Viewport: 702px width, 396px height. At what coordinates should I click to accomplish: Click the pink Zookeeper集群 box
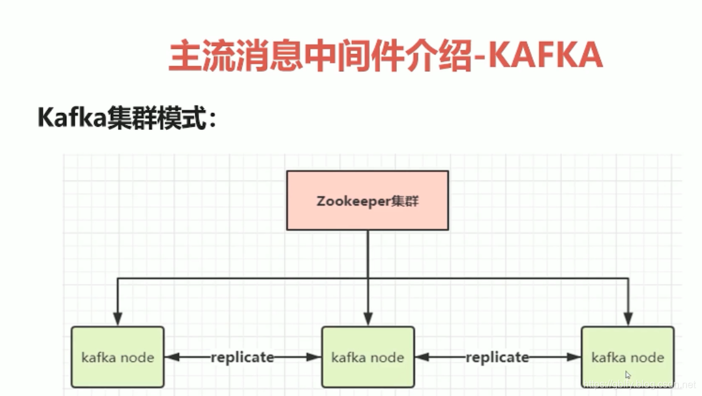(368, 200)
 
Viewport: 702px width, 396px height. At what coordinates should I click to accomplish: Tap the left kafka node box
(118, 357)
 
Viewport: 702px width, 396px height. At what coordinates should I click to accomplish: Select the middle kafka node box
(368, 357)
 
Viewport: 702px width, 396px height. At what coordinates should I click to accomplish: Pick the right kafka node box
(628, 357)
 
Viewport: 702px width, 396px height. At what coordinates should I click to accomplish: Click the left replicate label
(243, 357)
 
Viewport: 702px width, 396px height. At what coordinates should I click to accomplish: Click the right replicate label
(498, 357)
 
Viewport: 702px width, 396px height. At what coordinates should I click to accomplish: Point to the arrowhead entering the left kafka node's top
(118, 319)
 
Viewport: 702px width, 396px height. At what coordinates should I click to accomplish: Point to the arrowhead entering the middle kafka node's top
(368, 319)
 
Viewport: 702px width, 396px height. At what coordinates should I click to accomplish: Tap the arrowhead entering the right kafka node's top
(628, 319)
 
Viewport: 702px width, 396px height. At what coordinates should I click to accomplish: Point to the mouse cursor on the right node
(628, 375)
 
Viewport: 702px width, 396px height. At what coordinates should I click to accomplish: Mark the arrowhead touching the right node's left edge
(573, 357)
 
